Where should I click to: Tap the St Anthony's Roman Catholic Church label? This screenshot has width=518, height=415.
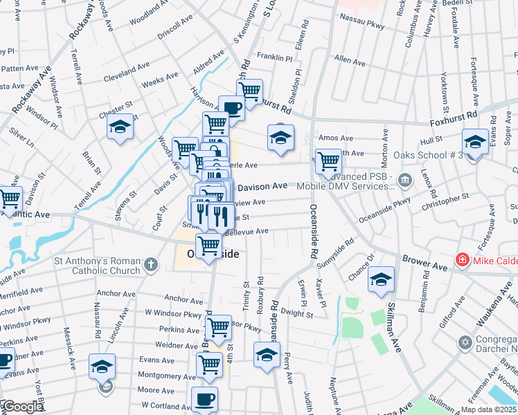pyautogui.click(x=97, y=266)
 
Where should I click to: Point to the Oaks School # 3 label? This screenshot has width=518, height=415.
pyautogui.click(x=427, y=155)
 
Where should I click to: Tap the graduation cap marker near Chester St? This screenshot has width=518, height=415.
pyautogui.click(x=120, y=127)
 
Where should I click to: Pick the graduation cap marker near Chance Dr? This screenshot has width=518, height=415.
pyautogui.click(x=381, y=279)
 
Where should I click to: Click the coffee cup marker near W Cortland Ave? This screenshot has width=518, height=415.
pyautogui.click(x=204, y=399)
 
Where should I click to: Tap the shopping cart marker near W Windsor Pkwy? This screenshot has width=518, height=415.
pyautogui.click(x=218, y=326)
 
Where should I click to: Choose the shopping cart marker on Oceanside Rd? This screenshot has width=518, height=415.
pyautogui.click(x=328, y=161)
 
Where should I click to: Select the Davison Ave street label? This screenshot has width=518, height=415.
pyautogui.click(x=262, y=186)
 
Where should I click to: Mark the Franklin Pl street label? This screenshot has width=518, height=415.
pyautogui.click(x=275, y=57)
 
